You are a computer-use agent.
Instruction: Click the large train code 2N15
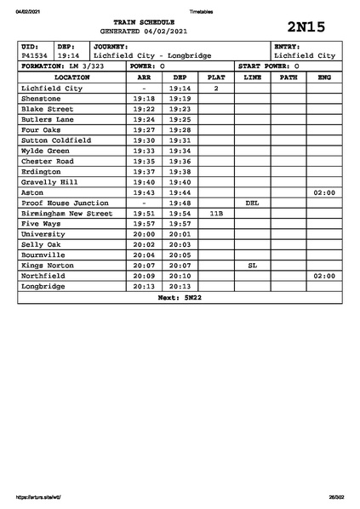(306, 27)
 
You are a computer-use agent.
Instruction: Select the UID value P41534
(34, 55)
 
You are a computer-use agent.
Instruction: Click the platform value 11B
(216, 214)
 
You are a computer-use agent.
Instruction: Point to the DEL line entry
(252, 203)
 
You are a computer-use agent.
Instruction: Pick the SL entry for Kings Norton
(252, 266)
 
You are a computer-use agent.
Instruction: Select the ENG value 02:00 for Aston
(324, 193)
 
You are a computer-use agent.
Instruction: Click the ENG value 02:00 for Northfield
(324, 277)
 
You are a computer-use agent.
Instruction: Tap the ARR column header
(144, 77)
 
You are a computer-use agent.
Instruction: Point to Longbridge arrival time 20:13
(144, 287)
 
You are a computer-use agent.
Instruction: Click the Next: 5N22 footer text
(180, 298)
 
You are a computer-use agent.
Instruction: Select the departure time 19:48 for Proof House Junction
(180, 203)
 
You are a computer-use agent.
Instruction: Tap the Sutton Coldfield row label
(55, 140)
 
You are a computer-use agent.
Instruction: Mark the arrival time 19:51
(144, 214)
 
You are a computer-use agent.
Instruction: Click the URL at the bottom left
(39, 497)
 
